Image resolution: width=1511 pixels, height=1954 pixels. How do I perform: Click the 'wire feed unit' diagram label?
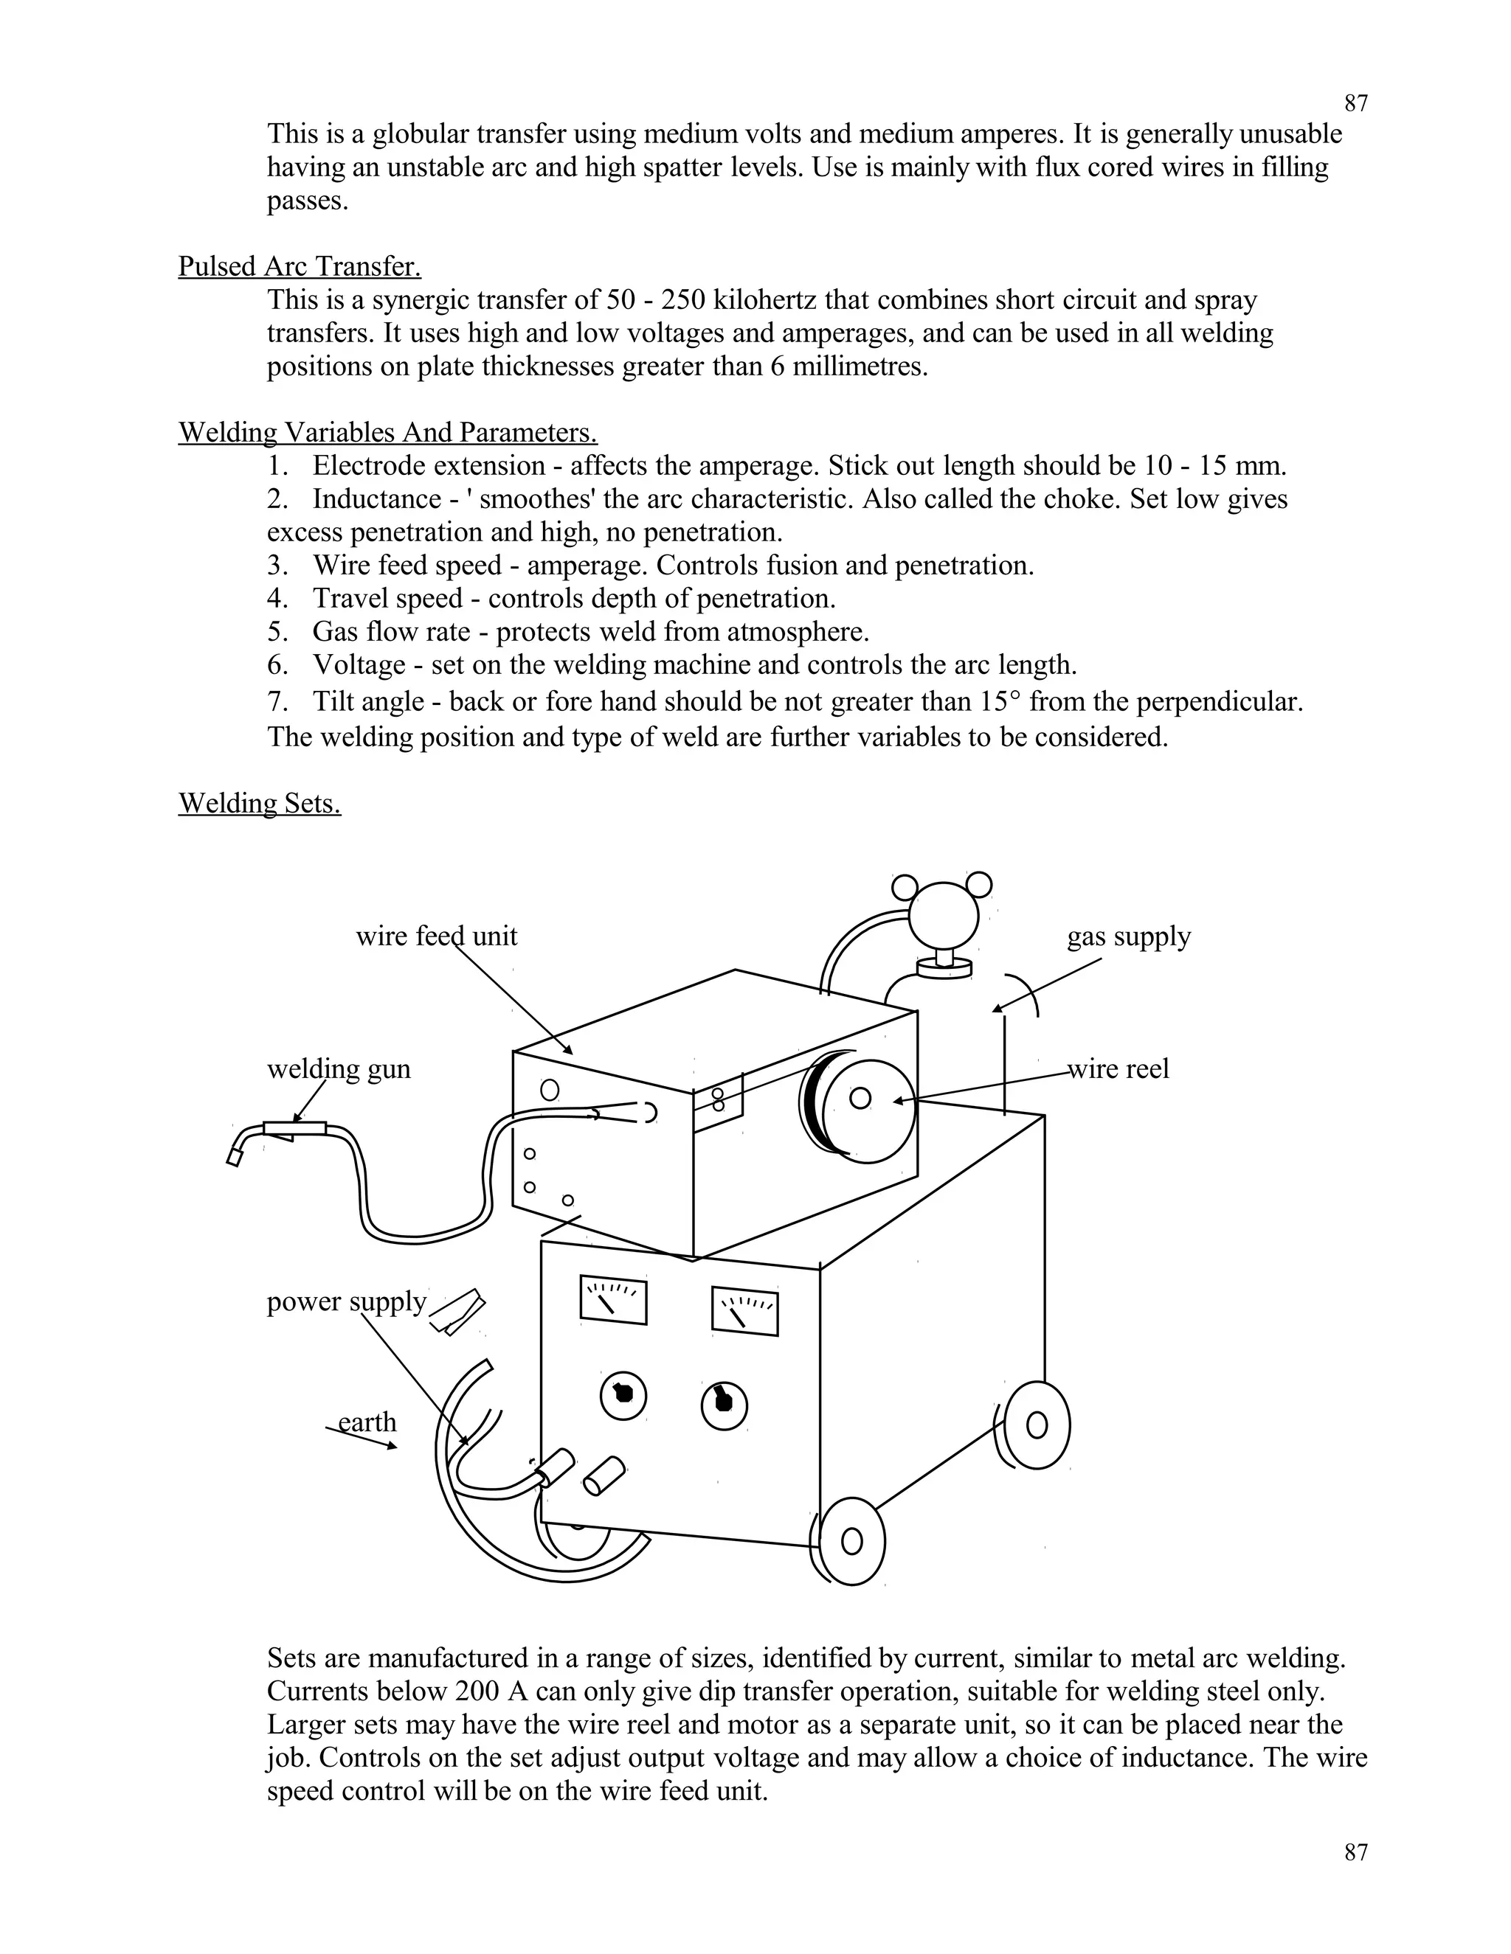pos(436,936)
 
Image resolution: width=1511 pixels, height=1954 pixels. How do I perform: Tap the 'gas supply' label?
pos(1128,936)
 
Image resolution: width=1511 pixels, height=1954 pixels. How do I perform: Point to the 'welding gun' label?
pos(339,1069)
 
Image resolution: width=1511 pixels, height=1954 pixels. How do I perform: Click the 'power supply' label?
pos(345,1301)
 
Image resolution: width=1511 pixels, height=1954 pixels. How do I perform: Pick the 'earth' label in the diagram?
pos(366,1422)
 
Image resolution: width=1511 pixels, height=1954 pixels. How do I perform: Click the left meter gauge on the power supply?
pos(613,1301)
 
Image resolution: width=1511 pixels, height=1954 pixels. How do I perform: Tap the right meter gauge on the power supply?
pos(744,1312)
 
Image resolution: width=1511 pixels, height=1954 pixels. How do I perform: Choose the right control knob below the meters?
pos(725,1405)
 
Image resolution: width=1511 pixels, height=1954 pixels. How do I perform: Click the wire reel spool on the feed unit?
pos(860,1099)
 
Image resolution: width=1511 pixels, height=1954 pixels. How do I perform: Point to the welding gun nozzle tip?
pos(235,1157)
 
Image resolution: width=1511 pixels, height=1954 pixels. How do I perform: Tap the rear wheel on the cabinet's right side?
pos(1037,1425)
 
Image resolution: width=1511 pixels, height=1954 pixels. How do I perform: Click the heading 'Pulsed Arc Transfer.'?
pos(299,267)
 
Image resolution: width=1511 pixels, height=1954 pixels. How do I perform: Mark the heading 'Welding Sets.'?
pos(259,804)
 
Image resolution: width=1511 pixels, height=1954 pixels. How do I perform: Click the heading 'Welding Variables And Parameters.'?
pos(387,433)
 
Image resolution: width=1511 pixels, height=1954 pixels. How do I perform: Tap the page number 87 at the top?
pos(1355,104)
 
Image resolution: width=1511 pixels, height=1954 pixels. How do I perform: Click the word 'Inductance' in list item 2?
pos(376,499)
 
